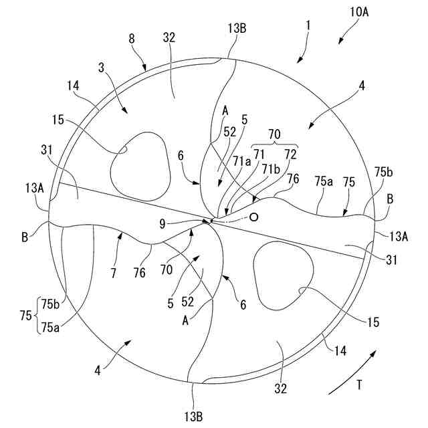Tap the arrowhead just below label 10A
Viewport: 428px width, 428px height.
(340, 43)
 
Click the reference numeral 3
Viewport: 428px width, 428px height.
(101, 68)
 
